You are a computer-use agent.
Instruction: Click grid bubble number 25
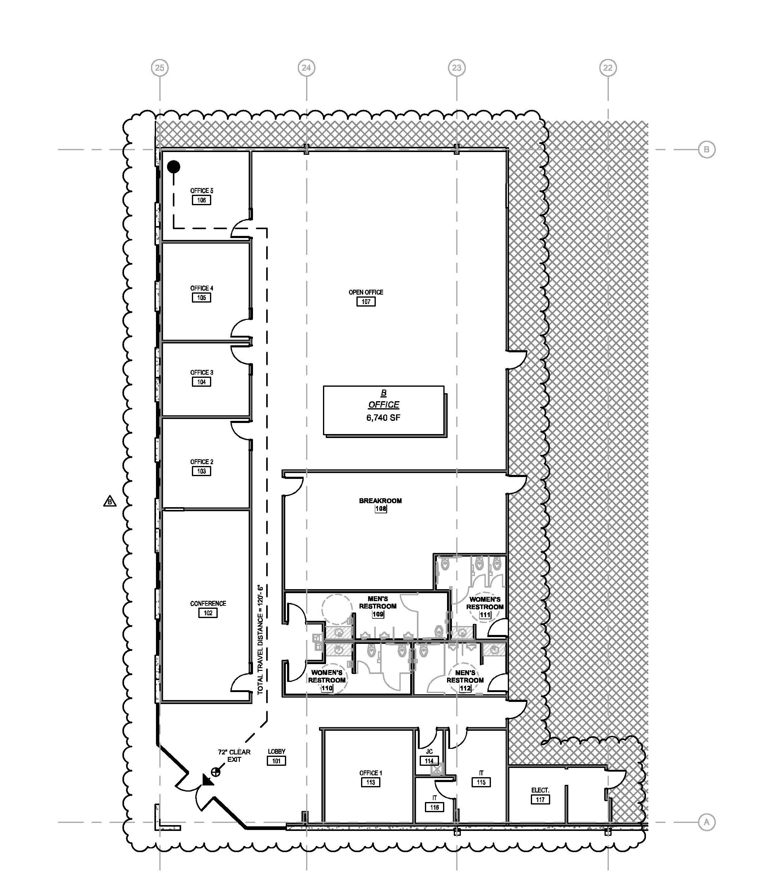[x=160, y=68]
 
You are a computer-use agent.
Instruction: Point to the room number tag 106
[x=201, y=200]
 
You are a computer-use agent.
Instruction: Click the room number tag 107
[x=366, y=302]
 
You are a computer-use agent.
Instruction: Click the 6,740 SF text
[x=383, y=418]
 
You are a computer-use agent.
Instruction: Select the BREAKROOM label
[x=380, y=501]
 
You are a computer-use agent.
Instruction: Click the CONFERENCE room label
[x=208, y=604]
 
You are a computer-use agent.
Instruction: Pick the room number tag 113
[x=371, y=782]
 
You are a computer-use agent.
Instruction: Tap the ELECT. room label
[x=540, y=790]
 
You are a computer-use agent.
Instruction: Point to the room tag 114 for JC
[x=429, y=761]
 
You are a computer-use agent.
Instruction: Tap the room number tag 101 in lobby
[x=276, y=761]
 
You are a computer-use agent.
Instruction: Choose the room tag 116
[x=434, y=807]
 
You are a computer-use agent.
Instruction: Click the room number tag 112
[x=465, y=688]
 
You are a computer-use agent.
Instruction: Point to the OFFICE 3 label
[x=201, y=372]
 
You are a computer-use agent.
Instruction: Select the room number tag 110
[x=327, y=688]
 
